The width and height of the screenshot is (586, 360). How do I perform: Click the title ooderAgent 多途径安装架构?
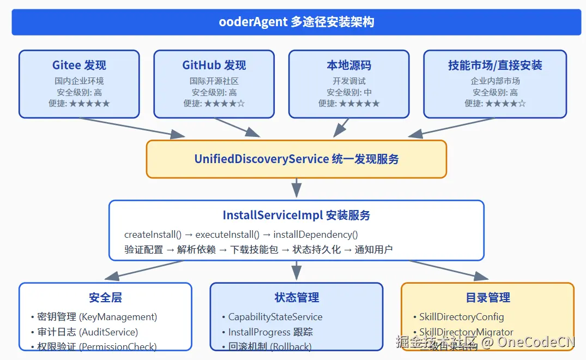296,22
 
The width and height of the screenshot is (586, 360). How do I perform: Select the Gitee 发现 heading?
79,65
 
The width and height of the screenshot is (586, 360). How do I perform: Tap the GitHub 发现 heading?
214,65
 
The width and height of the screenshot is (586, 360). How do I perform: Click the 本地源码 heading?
349,65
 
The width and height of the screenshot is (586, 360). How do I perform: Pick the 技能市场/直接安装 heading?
495,65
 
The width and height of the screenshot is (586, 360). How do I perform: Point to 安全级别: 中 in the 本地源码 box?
349,92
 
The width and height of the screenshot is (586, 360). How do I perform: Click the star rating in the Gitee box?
89,103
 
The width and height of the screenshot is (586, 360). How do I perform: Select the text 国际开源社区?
214,81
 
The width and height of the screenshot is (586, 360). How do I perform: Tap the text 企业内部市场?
495,81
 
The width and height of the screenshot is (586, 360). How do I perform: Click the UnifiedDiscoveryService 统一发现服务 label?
297,159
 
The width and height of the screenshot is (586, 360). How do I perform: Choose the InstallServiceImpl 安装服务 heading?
297,215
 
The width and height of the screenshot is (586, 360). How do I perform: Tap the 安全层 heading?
105,298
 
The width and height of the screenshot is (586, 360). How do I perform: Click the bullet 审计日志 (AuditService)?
87,332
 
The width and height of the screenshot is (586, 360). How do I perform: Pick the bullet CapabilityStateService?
275,317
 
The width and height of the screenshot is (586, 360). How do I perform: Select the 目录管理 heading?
488,298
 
